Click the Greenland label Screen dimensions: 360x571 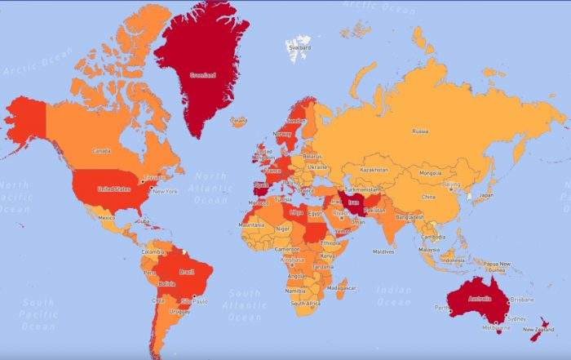(x=202, y=76)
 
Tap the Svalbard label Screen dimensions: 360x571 (x=299, y=47)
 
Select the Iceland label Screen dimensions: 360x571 (x=238, y=121)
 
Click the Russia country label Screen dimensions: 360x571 (x=420, y=131)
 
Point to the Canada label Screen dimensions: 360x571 (x=101, y=151)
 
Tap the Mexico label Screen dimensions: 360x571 (x=106, y=218)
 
